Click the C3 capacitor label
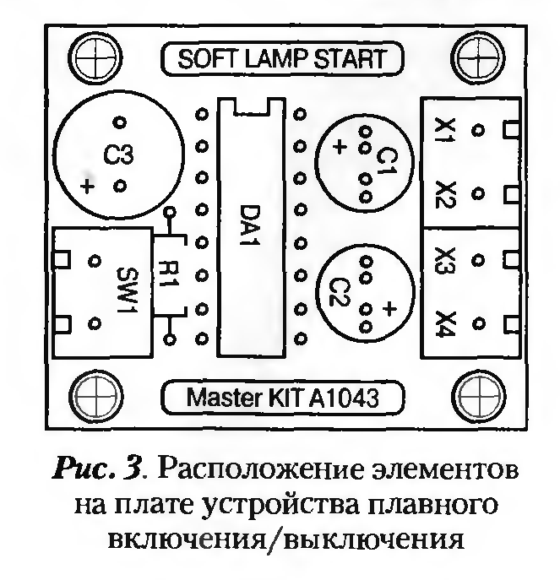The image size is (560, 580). pos(118,155)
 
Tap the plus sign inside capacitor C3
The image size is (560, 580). pos(87,186)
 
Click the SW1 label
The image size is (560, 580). pos(127,290)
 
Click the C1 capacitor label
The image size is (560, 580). pos(387,161)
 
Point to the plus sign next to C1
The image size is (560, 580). pos(340,147)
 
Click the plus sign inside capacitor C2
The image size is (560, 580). pos(389,308)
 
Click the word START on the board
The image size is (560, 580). pos(350,59)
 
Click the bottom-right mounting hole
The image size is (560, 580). pos(477,397)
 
